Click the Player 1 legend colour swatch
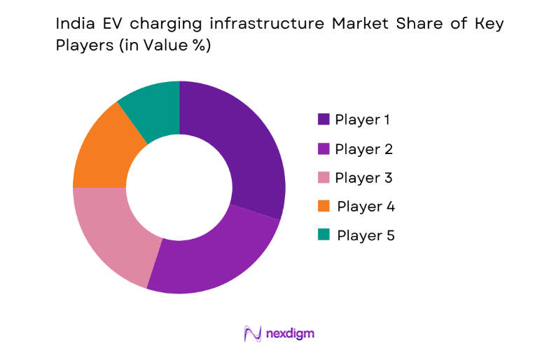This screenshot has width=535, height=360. (324, 119)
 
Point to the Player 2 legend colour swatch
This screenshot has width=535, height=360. (324, 148)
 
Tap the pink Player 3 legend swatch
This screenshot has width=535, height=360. (324, 178)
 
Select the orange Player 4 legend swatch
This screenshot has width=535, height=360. (324, 207)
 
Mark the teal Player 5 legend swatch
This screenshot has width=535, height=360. (324, 235)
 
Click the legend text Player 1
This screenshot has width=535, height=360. (362, 119)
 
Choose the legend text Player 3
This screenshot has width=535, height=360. (363, 178)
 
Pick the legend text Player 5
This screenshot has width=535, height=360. (366, 235)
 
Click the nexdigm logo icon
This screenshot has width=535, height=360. (252, 333)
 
